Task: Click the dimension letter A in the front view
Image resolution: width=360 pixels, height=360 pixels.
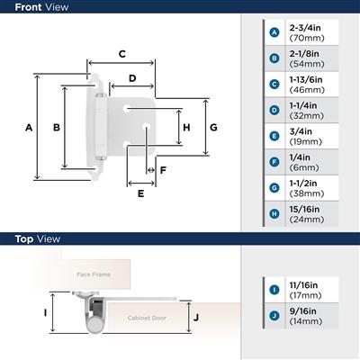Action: [x=29, y=128]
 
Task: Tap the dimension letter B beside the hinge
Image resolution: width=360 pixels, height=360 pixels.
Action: [x=57, y=128]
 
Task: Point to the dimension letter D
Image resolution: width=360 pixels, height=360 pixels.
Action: [x=132, y=78]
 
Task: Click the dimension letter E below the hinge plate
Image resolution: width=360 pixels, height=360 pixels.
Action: [x=140, y=193]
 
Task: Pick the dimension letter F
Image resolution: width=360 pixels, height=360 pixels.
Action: [x=163, y=169]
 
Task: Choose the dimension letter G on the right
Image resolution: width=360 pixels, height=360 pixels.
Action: [x=213, y=128]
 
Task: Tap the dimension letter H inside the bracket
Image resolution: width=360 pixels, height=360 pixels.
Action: [x=186, y=128]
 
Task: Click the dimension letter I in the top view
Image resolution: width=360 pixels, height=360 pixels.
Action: [x=45, y=314]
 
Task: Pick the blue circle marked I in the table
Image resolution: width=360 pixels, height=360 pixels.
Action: [x=274, y=288]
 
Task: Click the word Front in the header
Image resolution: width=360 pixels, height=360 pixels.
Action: [x=25, y=6]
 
